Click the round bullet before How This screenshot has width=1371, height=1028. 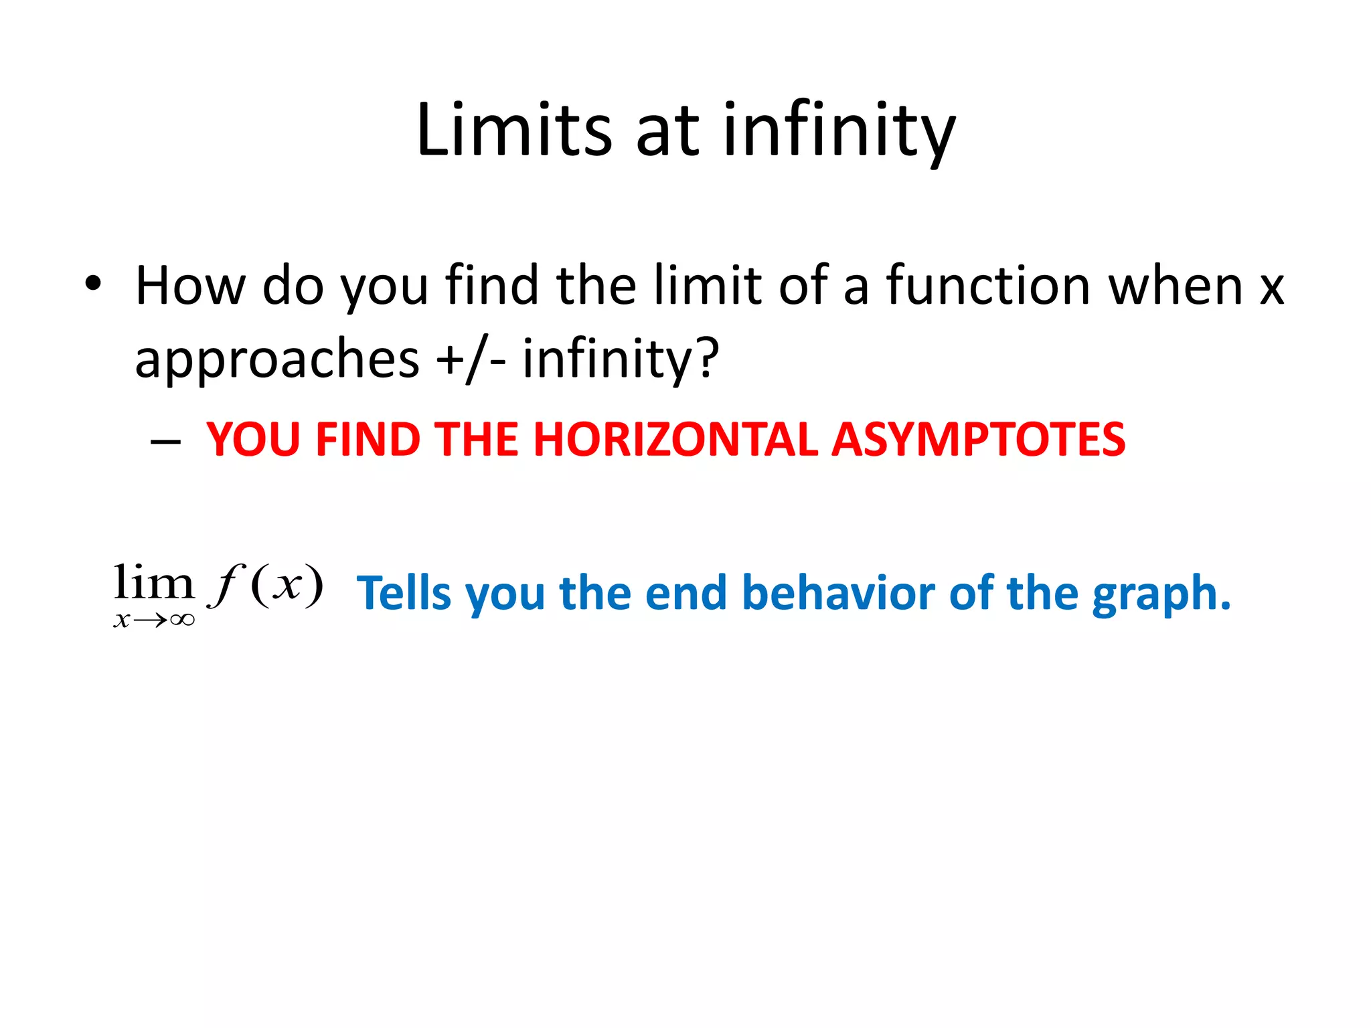click(93, 284)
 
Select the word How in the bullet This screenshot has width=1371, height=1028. click(190, 286)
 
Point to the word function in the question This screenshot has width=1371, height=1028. click(988, 286)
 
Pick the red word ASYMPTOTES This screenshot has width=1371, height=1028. click(978, 440)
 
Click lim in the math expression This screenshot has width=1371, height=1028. click(154, 582)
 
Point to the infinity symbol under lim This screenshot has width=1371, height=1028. click(182, 620)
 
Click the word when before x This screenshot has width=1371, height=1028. click(1175, 286)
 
